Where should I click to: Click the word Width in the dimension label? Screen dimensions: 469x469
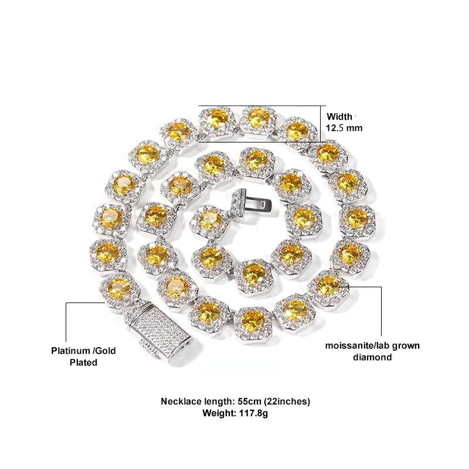coord(339,115)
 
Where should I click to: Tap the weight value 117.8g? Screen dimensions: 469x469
coord(253,413)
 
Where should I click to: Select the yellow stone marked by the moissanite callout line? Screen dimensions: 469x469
coord(328,286)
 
